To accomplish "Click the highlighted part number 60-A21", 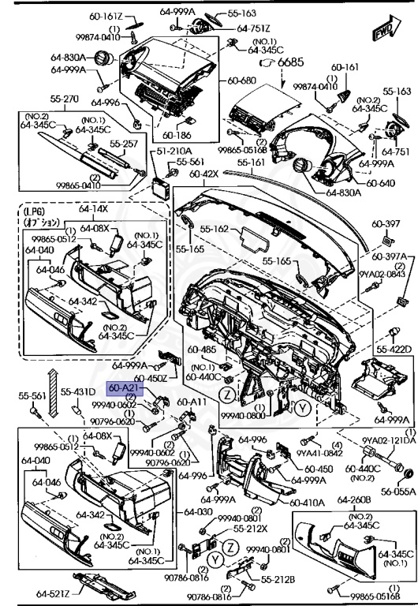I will (x=125, y=388).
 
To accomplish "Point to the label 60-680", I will (x=243, y=80).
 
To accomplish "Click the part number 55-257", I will (x=124, y=145).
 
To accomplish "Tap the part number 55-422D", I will (x=394, y=349).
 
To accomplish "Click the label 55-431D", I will (x=80, y=392).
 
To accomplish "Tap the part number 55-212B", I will (x=278, y=579).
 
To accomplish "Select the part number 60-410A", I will (x=307, y=501).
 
